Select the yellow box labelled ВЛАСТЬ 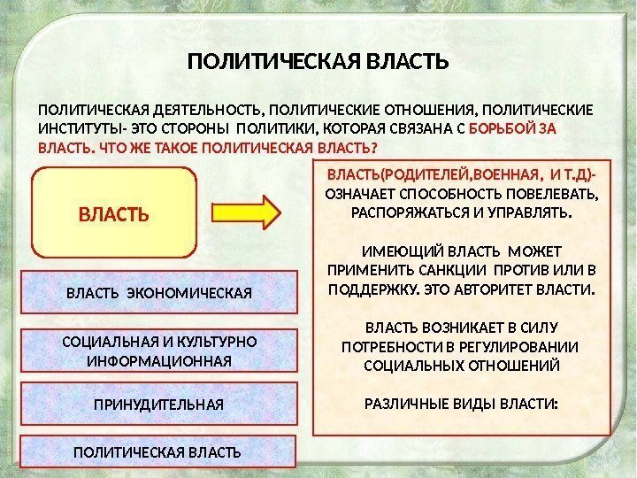pyautogui.click(x=113, y=213)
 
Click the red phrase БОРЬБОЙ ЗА pyautogui.click(x=524, y=128)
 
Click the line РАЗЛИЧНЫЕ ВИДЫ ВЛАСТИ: pyautogui.click(x=463, y=404)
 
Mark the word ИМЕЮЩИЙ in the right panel pyautogui.click(x=400, y=251)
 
